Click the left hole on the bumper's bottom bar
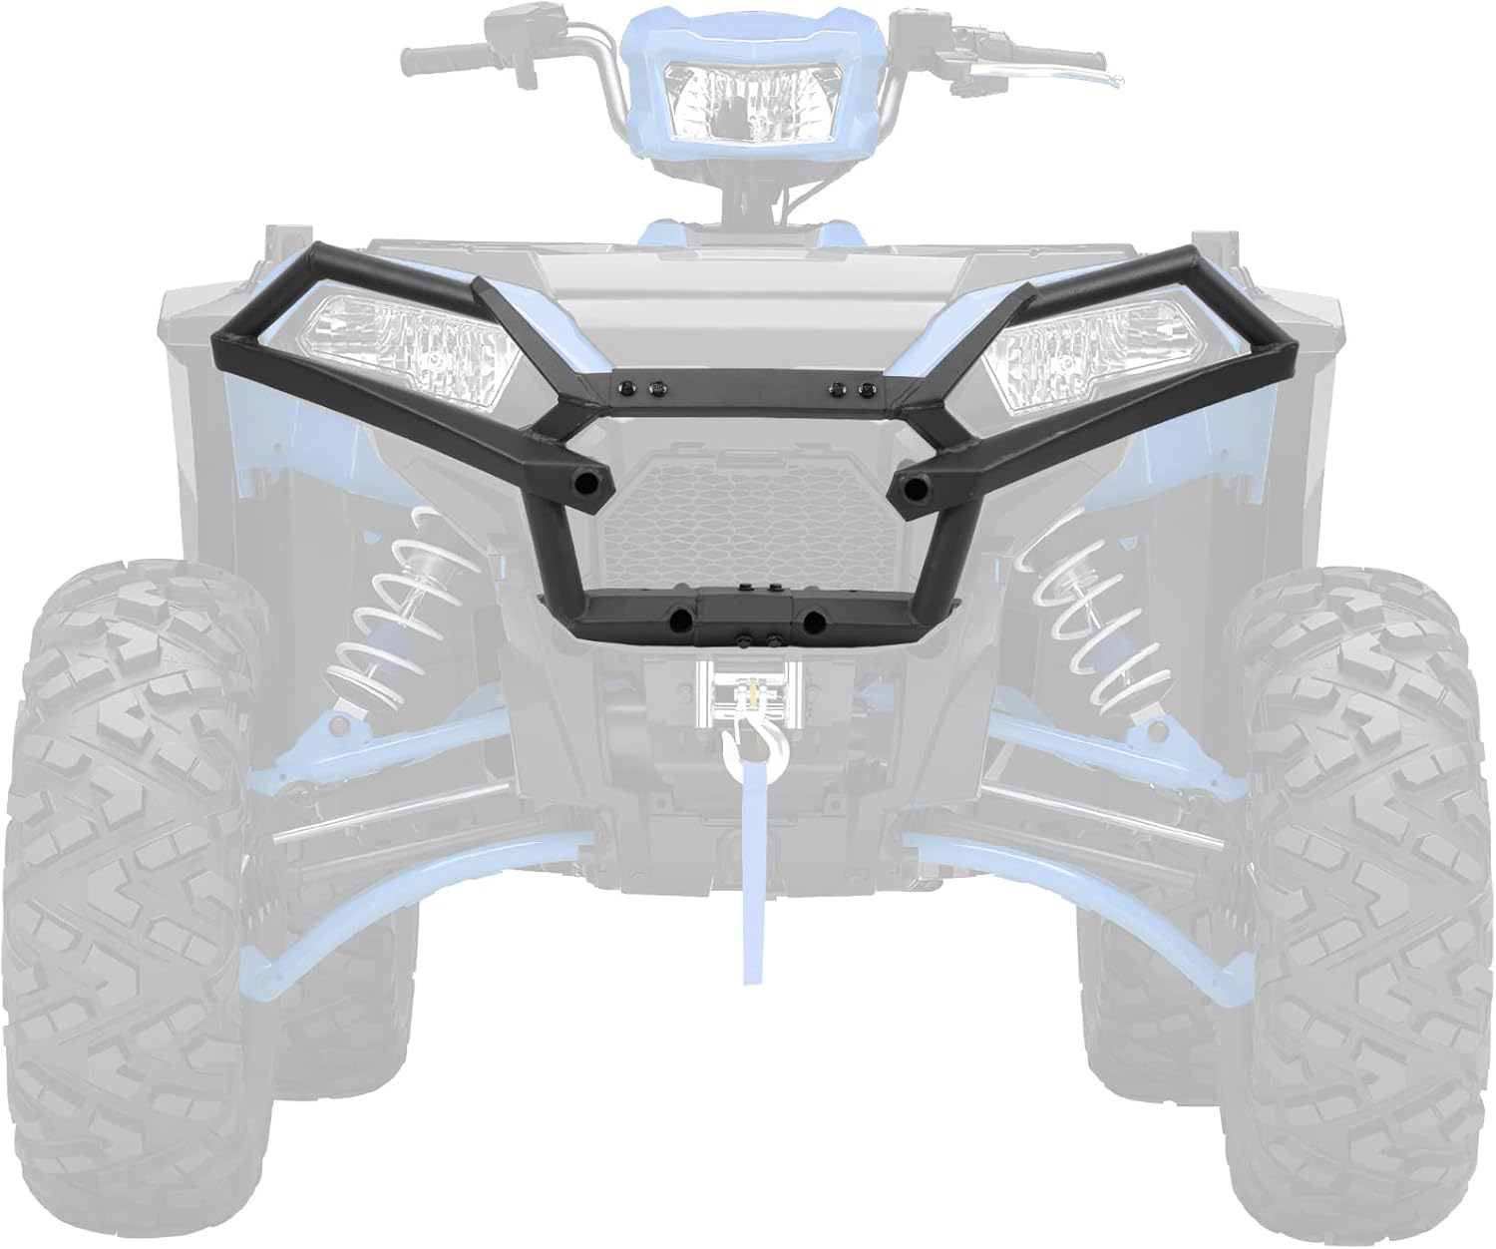click(680, 621)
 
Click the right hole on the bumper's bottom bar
click(814, 621)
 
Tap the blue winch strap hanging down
click(745, 898)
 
